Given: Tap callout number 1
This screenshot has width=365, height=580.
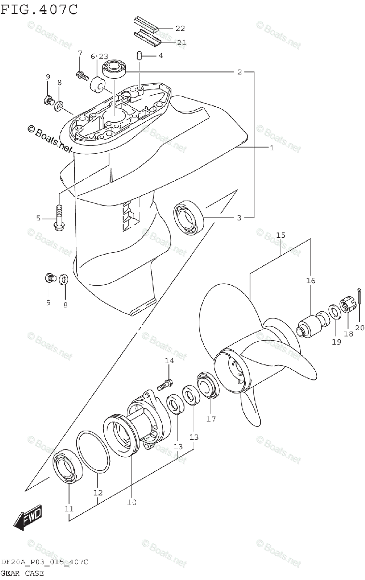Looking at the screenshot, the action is (271, 147).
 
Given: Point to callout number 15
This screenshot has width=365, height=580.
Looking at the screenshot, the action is (281, 235).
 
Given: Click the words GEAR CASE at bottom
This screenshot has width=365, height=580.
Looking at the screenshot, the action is (22, 574).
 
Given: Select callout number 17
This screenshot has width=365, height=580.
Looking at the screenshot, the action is (211, 419).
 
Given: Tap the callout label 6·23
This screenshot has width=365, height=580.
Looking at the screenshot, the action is (99, 57).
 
